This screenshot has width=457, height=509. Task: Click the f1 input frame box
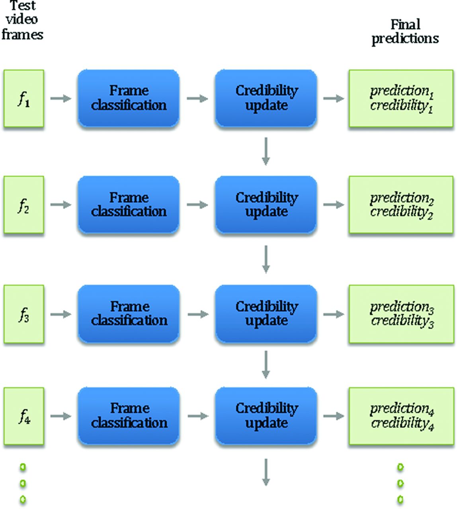(x=23, y=98)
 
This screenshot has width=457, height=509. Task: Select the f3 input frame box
(x=23, y=314)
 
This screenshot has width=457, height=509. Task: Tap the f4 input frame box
(x=23, y=416)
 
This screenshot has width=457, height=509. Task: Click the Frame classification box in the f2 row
(x=129, y=204)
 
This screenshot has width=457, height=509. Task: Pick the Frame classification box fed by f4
(x=129, y=416)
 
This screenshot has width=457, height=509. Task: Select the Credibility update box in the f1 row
(x=266, y=98)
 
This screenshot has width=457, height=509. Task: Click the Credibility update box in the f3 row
(x=266, y=314)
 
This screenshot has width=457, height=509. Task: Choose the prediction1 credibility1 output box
(x=401, y=98)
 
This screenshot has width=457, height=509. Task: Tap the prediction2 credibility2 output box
(x=401, y=204)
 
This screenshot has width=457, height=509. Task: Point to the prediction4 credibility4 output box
(x=401, y=416)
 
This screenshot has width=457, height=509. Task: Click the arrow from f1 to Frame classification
(x=61, y=98)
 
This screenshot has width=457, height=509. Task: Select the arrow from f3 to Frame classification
(x=61, y=314)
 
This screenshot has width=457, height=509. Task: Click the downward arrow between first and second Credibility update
(x=266, y=151)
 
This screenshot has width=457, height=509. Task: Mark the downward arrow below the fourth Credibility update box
(x=266, y=472)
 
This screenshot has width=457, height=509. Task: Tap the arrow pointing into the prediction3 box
(x=334, y=314)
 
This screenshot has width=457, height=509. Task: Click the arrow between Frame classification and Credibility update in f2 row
(x=197, y=204)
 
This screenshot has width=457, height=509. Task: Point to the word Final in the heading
(x=405, y=25)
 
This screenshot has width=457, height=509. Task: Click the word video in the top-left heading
(x=22, y=19)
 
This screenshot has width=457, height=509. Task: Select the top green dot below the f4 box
(x=23, y=467)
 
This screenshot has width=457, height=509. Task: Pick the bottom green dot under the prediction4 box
(x=400, y=499)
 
